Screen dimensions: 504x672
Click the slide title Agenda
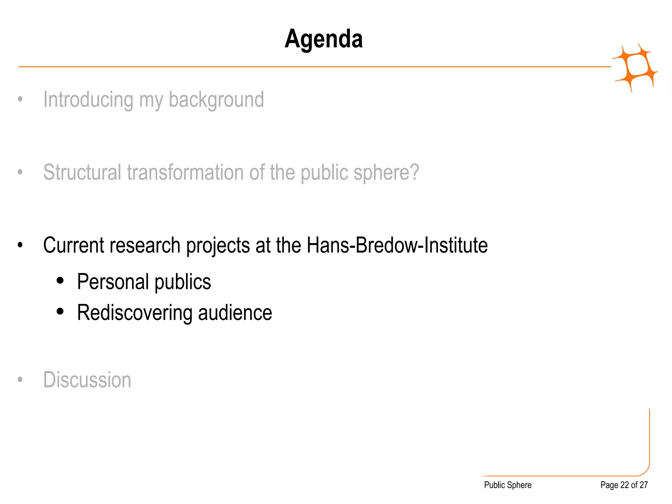(324, 39)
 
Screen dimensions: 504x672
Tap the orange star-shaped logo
(635, 67)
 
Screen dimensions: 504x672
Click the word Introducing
(88, 99)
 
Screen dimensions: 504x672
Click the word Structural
(82, 172)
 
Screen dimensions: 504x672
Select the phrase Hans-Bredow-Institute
(397, 245)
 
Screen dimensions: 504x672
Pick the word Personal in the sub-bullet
(113, 282)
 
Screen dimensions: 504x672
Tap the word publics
(182, 282)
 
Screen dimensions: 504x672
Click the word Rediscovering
(135, 313)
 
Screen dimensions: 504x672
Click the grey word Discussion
(87, 380)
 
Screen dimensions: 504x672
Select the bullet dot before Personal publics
(60, 281)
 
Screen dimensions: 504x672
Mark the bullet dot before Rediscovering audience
(60, 311)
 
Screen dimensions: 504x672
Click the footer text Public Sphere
(508, 485)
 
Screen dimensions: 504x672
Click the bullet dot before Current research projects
(20, 245)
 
